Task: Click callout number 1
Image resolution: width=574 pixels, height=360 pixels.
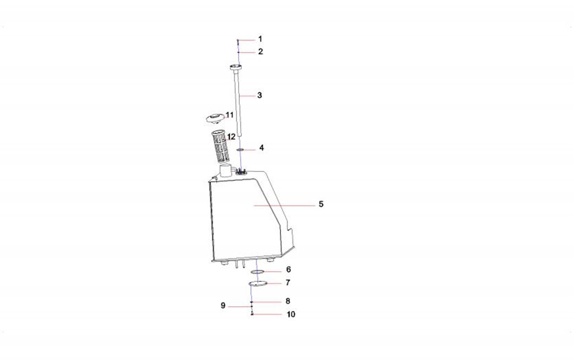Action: coord(260,39)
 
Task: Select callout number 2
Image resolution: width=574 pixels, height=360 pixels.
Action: coord(260,52)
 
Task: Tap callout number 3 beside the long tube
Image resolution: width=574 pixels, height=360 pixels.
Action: coord(260,95)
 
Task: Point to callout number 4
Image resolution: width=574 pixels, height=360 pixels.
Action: coord(261,148)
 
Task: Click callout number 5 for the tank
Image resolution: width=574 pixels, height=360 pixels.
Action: coord(321,204)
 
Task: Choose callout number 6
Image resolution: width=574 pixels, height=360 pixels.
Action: coord(289,270)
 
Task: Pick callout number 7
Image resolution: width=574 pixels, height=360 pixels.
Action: coord(288,283)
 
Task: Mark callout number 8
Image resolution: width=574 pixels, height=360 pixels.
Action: coord(288,301)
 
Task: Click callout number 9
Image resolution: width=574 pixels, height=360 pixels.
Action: coord(223,306)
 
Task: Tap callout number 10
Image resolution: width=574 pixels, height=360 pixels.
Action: coord(291,314)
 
